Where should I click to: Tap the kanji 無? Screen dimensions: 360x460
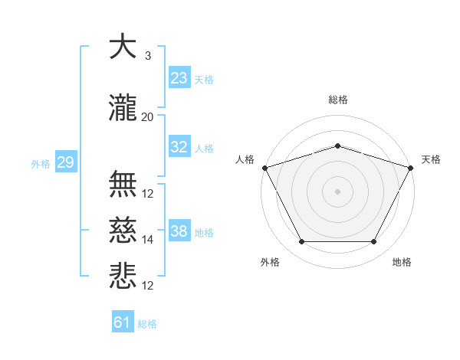pos(123,184)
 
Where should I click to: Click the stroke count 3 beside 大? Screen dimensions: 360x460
pos(147,55)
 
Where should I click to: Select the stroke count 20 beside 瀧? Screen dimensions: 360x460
pos(147,117)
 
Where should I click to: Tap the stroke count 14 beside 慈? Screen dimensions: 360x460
pos(147,240)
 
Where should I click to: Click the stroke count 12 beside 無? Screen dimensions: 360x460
pos(147,194)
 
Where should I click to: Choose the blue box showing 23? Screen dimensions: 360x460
pos(179,77)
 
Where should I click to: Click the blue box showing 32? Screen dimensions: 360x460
pos(179,147)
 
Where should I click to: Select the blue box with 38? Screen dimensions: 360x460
pos(179,231)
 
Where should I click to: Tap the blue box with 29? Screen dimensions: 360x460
pos(65,162)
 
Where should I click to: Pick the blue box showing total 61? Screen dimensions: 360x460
pos(123,322)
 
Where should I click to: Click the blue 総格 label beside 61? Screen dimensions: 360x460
pos(147,324)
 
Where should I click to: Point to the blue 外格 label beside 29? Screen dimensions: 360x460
pos(41,164)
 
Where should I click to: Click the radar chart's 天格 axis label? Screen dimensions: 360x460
pos(432,159)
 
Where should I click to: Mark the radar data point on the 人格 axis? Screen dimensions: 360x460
pos(264,168)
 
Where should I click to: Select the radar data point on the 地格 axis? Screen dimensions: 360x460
pos(374,242)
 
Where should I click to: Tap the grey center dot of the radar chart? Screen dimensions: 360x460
pos(337,191)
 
